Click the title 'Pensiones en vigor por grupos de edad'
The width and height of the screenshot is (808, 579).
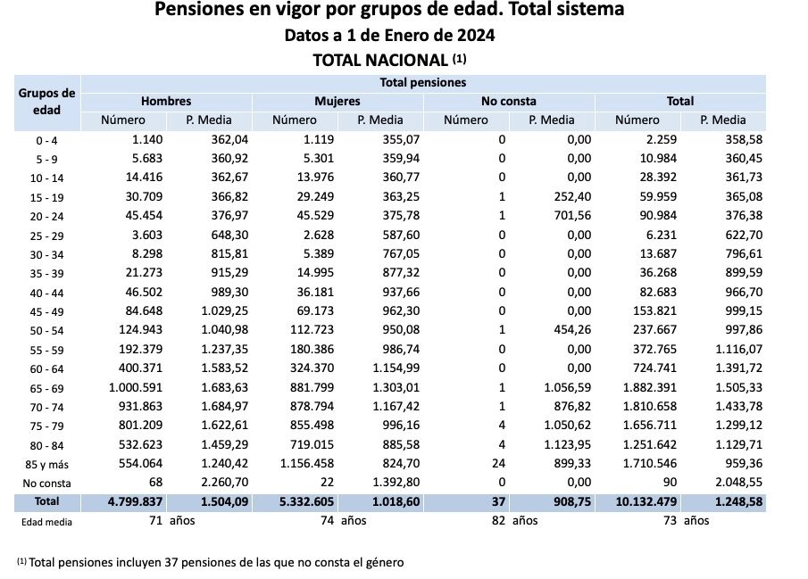[x=389, y=11]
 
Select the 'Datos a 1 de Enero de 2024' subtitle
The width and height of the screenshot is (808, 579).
[x=389, y=37]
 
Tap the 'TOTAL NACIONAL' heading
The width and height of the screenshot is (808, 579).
[x=389, y=61]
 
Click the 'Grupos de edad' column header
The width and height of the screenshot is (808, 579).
[x=47, y=102]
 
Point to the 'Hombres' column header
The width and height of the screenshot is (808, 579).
[x=166, y=102]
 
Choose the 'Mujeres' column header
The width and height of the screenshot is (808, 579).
[x=337, y=102]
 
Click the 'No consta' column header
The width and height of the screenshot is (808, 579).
[x=509, y=102]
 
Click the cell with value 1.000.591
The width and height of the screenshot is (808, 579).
[x=137, y=388]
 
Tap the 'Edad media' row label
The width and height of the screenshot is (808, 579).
[x=47, y=522]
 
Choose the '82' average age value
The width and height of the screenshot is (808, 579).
[x=496, y=521]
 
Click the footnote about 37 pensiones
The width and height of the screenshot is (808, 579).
[x=211, y=562]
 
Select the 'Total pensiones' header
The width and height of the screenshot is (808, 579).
[x=423, y=83]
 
